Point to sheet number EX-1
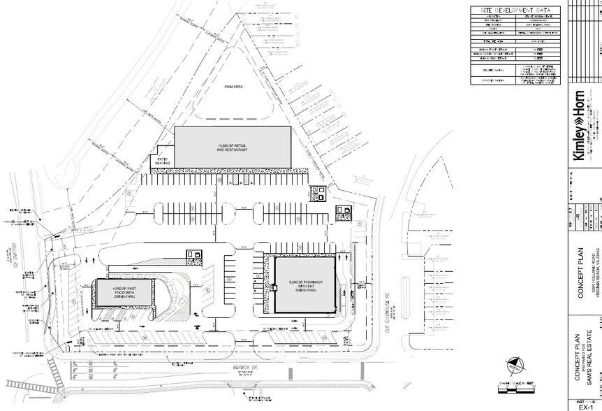pyautogui.click(x=581, y=404)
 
